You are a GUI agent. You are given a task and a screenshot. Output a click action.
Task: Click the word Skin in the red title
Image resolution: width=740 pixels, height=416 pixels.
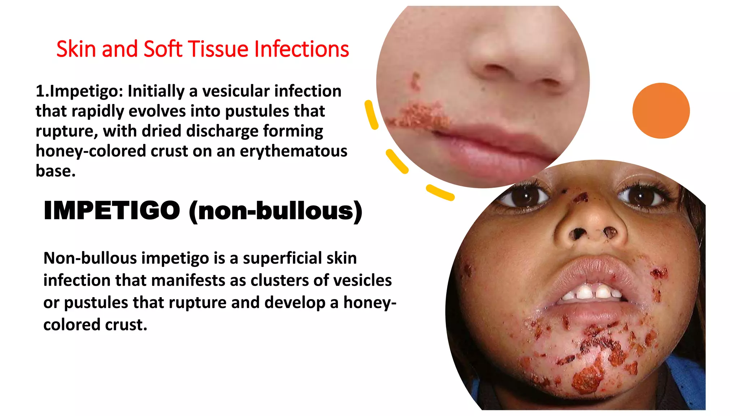[x=77, y=49]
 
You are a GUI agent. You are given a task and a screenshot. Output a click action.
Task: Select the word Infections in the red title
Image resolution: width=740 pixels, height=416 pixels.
[x=301, y=49]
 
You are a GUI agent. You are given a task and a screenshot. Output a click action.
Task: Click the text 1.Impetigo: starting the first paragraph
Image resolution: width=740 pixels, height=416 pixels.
[x=79, y=91]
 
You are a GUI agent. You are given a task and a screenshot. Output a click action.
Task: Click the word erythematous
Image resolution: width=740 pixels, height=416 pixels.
[x=293, y=151]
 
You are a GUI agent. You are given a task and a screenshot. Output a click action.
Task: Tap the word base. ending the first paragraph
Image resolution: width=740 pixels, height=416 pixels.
[x=56, y=171]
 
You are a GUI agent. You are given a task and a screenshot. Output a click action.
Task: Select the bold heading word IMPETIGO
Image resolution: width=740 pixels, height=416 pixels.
[x=112, y=211]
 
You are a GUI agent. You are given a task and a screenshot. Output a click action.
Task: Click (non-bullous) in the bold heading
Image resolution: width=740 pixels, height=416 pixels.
[x=275, y=211]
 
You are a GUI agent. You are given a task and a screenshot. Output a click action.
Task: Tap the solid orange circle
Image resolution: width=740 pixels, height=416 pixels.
[x=661, y=111]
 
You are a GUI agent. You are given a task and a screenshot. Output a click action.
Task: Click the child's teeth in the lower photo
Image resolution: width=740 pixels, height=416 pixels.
[x=593, y=292]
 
